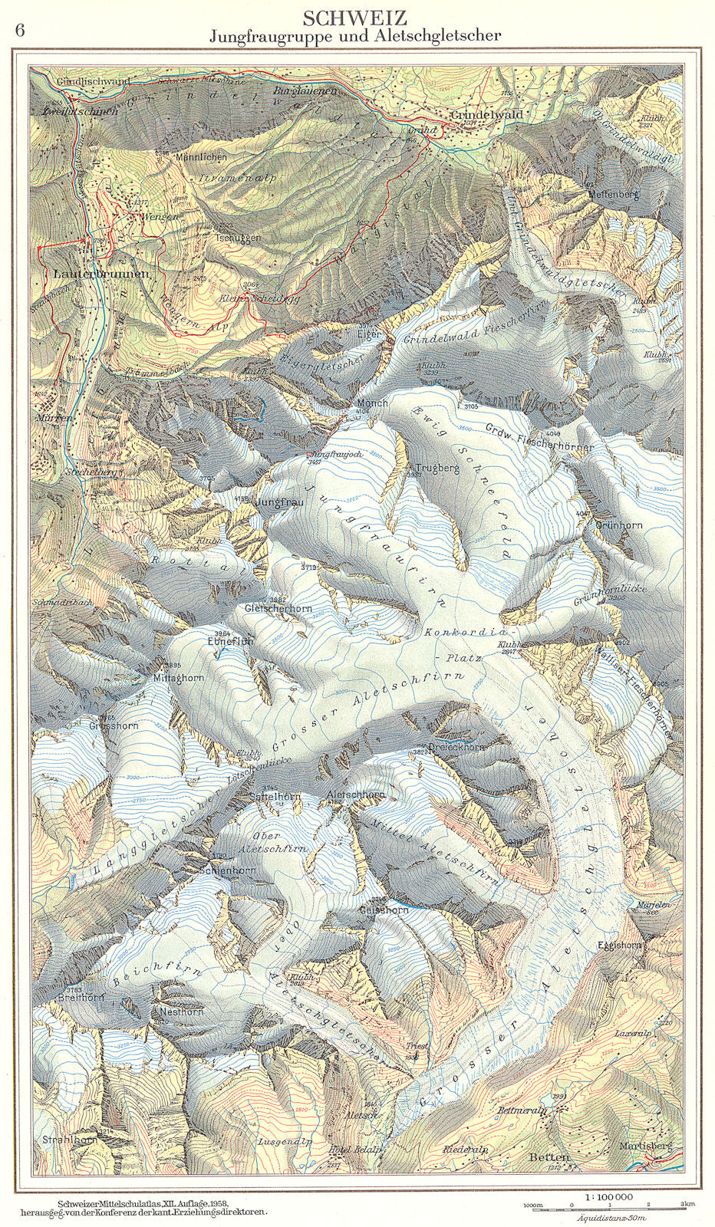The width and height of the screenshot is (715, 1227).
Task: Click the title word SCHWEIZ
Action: tap(354, 18)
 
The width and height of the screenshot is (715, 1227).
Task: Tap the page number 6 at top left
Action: tap(20, 31)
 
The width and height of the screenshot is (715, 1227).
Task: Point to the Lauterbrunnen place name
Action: tap(91, 273)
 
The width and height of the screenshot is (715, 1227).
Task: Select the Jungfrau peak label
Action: tap(279, 503)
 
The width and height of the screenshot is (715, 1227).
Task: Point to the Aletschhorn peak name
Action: tap(355, 795)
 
